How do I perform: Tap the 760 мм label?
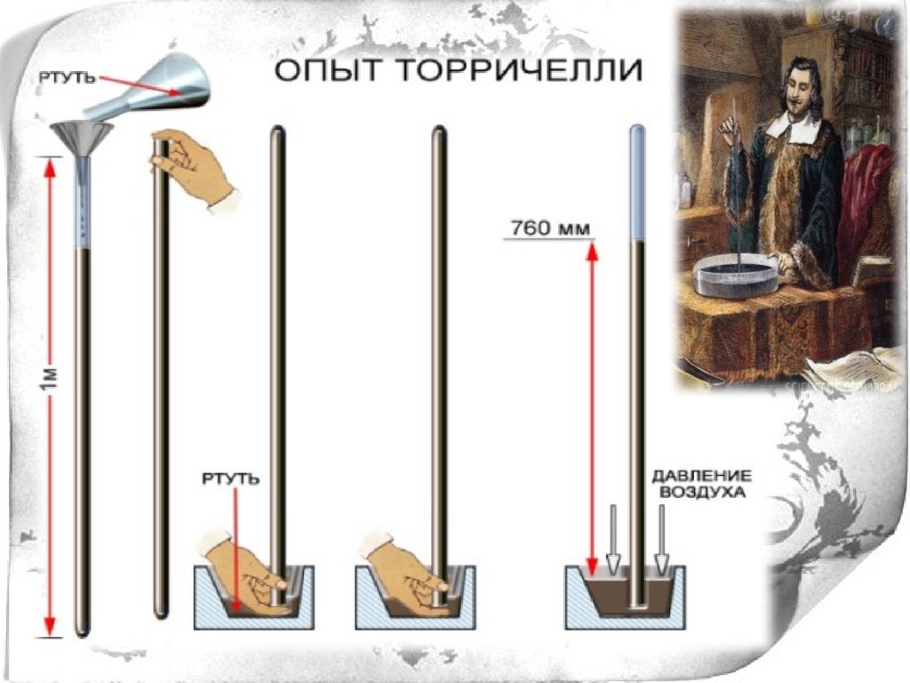549,229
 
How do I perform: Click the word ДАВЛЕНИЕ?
702,477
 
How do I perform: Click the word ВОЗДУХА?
702,493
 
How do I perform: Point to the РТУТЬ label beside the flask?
67,78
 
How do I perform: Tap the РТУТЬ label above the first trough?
231,479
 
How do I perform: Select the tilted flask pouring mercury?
152,86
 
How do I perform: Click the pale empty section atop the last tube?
637,182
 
